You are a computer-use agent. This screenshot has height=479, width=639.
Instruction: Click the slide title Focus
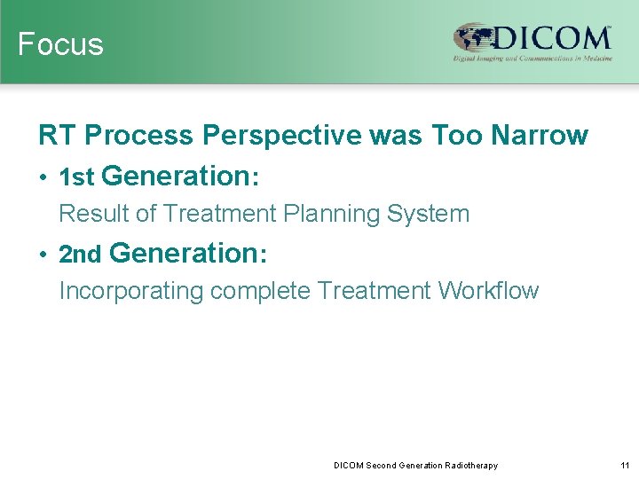[60, 44]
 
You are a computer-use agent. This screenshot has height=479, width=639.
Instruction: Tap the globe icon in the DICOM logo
[474, 38]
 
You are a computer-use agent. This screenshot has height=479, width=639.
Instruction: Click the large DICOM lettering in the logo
[550, 38]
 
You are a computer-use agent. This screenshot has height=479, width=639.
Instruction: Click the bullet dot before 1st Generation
[43, 177]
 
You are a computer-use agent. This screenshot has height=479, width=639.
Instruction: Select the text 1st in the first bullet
[76, 177]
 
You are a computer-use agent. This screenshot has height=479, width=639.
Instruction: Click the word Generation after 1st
[177, 177]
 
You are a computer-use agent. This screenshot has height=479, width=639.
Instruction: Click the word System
[434, 214]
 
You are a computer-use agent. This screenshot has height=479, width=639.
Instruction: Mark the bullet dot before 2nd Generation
[43, 255]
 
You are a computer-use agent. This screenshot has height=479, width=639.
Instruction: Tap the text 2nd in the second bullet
[80, 255]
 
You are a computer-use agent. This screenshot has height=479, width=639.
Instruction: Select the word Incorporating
[130, 291]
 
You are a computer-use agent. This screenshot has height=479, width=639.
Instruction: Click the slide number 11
[625, 466]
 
